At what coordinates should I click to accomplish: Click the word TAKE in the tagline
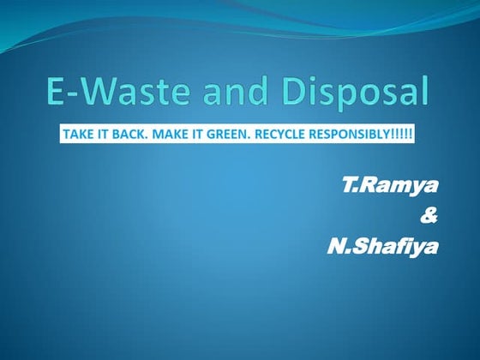[x=77, y=135]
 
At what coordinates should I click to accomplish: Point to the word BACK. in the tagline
[x=129, y=135]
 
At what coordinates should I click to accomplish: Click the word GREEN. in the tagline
[x=230, y=135]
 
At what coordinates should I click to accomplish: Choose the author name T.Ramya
[x=388, y=188]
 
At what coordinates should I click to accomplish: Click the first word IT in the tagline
[x=104, y=135]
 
